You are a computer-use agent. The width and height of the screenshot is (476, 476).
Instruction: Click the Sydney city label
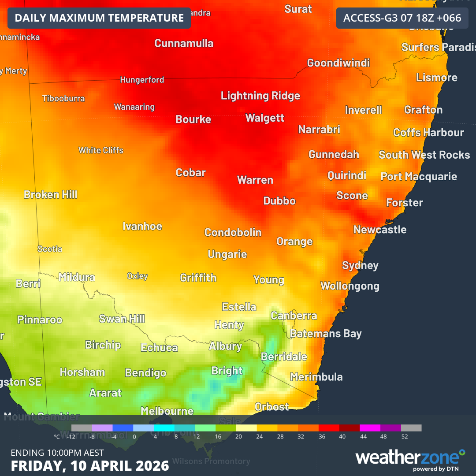[x=360, y=265]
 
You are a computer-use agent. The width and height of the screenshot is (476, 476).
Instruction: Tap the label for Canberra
[x=294, y=316]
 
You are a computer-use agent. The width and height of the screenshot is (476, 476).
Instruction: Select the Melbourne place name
[x=167, y=411]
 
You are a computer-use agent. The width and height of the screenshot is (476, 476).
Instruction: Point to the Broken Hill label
[x=51, y=194]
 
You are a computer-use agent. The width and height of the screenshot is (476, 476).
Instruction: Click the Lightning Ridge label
[x=260, y=96]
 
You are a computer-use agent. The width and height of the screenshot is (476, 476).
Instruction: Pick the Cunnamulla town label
[x=184, y=43]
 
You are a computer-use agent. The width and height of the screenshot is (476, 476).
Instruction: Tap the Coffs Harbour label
[x=428, y=132]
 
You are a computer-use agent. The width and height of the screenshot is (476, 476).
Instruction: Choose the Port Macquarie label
[x=419, y=176]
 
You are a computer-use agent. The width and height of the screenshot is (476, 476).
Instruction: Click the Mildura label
[x=77, y=277]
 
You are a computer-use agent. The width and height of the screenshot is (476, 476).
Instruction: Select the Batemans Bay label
[x=326, y=334]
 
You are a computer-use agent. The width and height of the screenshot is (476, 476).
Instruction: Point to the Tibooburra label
[x=63, y=98]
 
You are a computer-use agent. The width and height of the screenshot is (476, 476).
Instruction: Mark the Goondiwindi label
[x=338, y=63]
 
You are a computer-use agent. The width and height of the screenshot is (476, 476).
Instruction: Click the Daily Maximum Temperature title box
[x=99, y=18]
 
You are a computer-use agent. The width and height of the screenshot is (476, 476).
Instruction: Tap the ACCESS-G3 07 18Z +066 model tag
[x=402, y=18]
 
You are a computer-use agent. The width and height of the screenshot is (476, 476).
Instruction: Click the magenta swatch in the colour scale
[x=370, y=428]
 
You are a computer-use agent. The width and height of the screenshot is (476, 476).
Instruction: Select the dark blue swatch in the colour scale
[x=123, y=428]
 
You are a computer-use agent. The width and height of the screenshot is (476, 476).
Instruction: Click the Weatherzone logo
[x=410, y=458]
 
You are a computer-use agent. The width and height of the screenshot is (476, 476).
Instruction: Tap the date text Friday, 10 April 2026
[x=90, y=465]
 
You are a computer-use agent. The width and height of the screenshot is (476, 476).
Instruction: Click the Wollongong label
[x=350, y=286]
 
